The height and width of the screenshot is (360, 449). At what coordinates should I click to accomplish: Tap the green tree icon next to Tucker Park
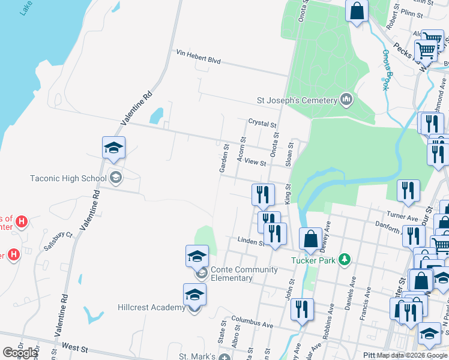tap(345, 259)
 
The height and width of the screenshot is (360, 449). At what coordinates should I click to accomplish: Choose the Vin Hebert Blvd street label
tap(199, 61)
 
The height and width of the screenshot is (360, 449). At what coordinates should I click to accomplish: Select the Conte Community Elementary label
tap(240, 274)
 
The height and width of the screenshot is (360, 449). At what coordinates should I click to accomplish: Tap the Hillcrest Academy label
tap(151, 308)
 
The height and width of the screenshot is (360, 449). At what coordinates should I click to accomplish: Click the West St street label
tap(74, 348)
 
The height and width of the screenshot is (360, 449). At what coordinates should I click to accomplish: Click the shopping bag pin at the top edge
tap(357, 11)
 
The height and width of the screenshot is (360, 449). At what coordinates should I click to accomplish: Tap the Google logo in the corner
tap(20, 353)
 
